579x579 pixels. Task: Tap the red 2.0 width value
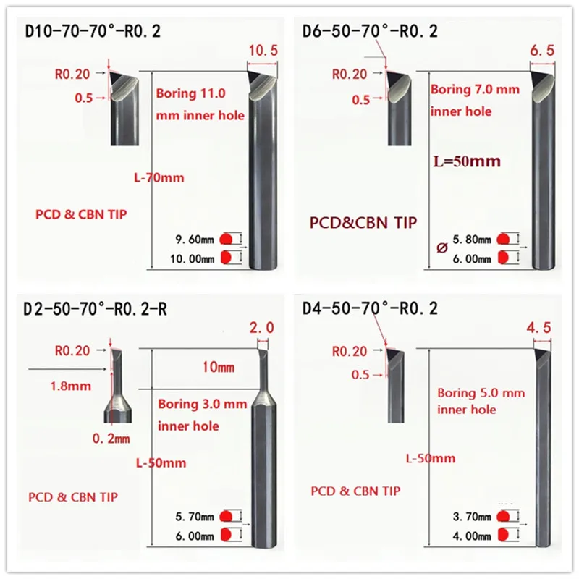[x=261, y=327]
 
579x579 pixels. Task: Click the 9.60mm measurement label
[x=195, y=239]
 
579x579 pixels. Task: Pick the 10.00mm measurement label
[x=195, y=258]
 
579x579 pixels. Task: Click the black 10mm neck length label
[x=220, y=368]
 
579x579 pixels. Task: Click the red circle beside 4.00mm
[x=504, y=536]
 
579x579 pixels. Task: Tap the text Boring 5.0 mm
[x=481, y=393]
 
